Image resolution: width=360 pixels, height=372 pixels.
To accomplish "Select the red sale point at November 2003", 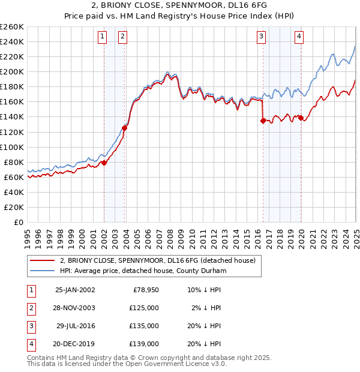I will click(125, 127).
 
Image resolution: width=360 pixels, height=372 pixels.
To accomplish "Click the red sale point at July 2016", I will click(263, 121).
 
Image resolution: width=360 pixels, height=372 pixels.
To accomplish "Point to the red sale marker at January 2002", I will click(104, 162).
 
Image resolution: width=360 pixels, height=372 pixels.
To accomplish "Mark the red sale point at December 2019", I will click(301, 118).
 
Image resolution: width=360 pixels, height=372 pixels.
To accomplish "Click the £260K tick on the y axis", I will click(12, 27).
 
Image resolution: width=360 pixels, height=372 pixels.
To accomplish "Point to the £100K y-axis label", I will click(12, 147).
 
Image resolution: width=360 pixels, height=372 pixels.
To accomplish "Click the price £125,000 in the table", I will click(145, 308).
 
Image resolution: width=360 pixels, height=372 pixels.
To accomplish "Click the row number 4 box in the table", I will click(30, 344).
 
